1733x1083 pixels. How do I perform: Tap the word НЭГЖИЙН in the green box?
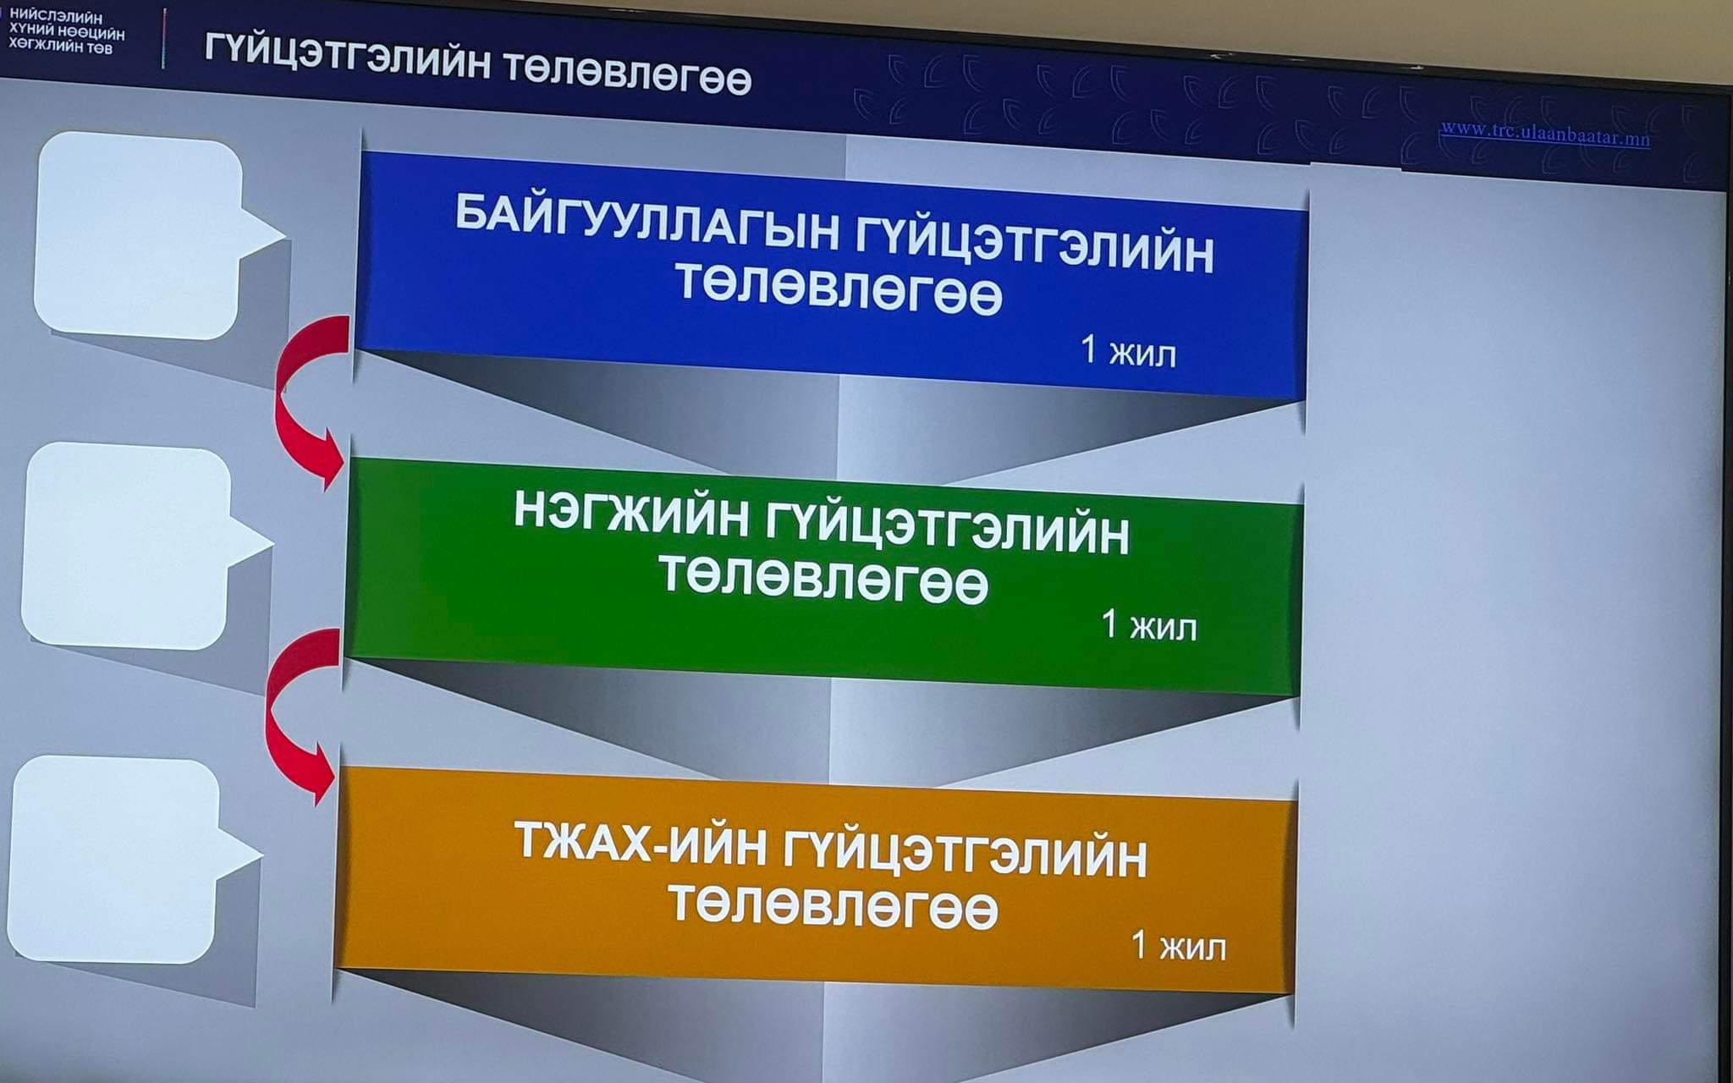pos(631,514)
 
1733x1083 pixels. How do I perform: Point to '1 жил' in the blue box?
pos(1129,350)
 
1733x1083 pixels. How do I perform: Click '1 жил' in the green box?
pos(1149,626)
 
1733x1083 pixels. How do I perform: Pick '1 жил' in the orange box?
pos(1179,945)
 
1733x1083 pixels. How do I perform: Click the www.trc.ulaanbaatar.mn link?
pos(1545,134)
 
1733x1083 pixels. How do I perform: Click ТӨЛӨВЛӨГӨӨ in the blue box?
pos(839,289)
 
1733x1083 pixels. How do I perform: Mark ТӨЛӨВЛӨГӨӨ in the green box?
pos(823,579)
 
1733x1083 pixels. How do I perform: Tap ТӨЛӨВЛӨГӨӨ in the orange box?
pos(833,905)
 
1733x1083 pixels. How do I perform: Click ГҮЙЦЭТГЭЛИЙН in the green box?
pos(948,531)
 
